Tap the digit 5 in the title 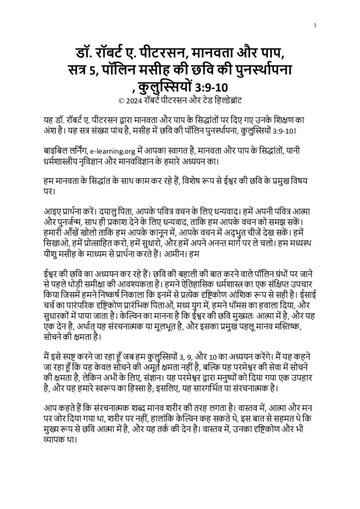(94, 71)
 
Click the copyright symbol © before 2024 (122, 101)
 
